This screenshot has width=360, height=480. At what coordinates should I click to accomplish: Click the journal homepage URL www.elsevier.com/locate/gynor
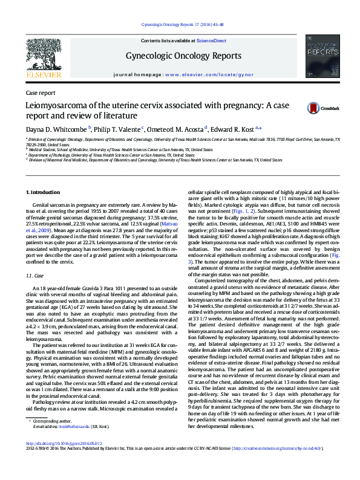pyautogui.click(x=208, y=74)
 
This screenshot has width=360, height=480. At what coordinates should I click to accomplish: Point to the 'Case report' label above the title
pyautogui.click(x=41, y=93)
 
